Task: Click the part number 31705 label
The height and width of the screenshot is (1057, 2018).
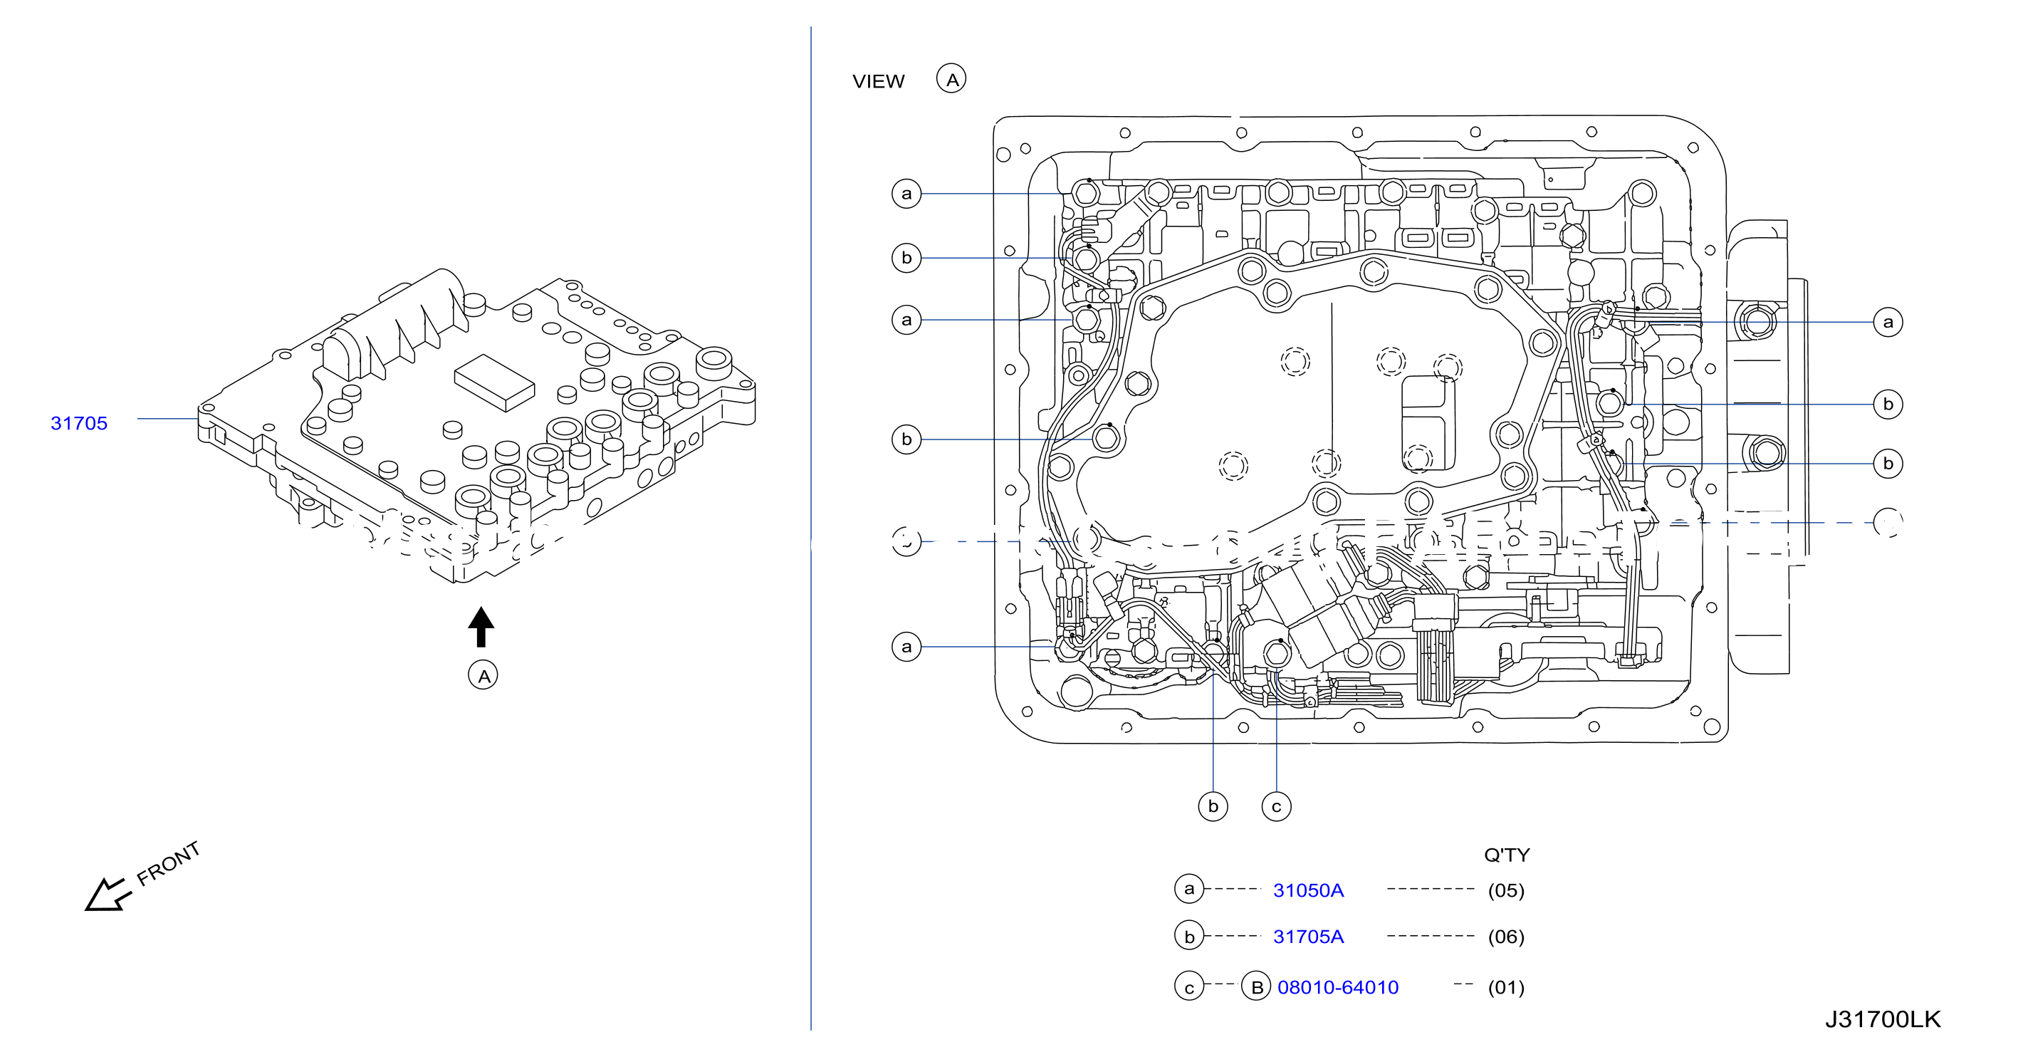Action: (79, 423)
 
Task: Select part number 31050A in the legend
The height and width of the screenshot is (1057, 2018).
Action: (1308, 890)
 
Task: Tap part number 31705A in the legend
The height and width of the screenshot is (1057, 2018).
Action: (1308, 937)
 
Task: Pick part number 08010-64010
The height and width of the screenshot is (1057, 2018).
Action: (1338, 987)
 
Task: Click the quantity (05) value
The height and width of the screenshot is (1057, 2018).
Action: (1505, 890)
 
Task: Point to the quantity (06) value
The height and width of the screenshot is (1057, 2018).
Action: (1505, 937)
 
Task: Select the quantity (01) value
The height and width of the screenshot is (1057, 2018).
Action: (1505, 987)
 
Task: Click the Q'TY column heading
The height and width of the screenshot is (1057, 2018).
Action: (1507, 855)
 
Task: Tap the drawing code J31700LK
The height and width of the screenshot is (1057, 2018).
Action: (1883, 1019)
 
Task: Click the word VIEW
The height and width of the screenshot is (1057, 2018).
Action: (878, 81)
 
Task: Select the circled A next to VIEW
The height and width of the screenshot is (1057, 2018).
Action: (952, 79)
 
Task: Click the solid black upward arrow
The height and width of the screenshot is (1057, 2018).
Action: (481, 626)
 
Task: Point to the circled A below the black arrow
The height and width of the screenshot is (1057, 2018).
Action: (483, 675)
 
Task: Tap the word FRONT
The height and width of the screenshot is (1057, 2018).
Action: (169, 863)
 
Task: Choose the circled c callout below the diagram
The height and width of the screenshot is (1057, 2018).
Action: (1276, 806)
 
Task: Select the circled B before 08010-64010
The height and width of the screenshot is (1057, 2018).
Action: (1257, 987)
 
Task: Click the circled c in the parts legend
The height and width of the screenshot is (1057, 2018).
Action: (1189, 987)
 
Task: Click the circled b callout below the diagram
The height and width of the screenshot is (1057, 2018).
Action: (1213, 806)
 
